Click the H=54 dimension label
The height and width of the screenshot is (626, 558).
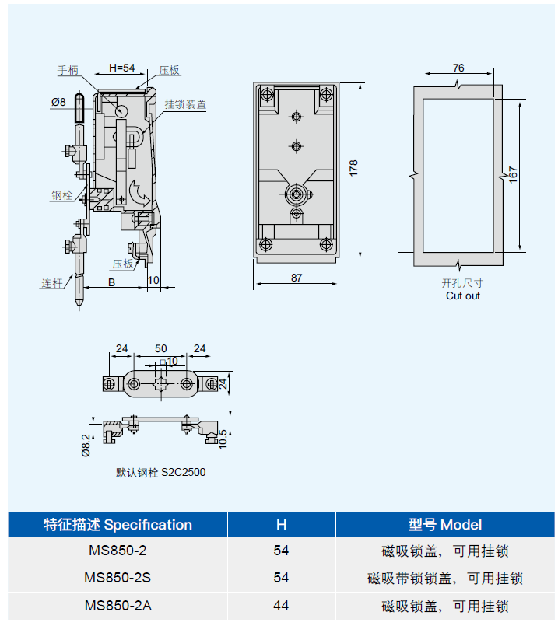(x=122, y=68)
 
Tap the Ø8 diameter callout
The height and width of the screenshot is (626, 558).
(x=58, y=102)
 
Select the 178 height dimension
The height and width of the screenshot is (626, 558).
(x=353, y=168)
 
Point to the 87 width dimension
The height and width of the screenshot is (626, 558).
(x=297, y=278)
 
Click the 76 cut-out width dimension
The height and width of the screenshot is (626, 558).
(x=458, y=68)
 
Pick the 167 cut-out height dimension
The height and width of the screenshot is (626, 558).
(x=514, y=175)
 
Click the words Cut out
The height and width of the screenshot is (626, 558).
(x=463, y=296)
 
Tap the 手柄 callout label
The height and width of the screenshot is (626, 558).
(x=68, y=70)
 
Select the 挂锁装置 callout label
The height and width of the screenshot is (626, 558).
(x=185, y=105)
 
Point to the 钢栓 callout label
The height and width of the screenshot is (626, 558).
(x=62, y=195)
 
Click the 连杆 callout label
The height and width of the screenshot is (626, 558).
(x=52, y=284)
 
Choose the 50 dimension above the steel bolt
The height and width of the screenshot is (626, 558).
(x=160, y=348)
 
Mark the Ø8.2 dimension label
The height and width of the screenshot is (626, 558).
(x=86, y=446)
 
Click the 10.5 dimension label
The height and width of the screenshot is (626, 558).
(x=223, y=439)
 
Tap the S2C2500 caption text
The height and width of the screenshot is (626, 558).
(x=184, y=472)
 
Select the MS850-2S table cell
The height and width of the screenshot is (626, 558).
(x=118, y=578)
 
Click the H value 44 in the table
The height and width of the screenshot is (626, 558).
(x=281, y=606)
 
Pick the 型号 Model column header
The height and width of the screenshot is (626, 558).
(x=445, y=525)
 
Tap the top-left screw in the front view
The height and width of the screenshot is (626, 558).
(x=267, y=96)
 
